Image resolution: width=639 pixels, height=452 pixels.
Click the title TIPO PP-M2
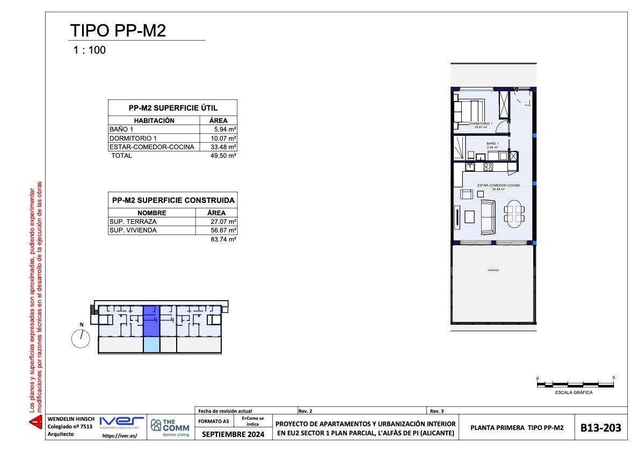[x=118, y=31]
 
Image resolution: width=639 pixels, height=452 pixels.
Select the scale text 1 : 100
[x=90, y=50]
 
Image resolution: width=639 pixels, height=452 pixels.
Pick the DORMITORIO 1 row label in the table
[x=129, y=138]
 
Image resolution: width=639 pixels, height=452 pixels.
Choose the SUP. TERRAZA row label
[x=133, y=222]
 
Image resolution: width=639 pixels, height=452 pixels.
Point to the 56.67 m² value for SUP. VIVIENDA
[x=223, y=230]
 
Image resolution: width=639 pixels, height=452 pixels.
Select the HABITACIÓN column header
[x=154, y=121]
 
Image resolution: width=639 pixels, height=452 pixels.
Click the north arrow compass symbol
[x=81, y=339]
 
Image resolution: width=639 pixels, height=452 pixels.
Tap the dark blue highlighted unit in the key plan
[x=151, y=320]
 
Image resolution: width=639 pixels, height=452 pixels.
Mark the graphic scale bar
[x=575, y=384]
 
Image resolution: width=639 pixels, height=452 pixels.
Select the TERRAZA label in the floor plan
[x=493, y=270]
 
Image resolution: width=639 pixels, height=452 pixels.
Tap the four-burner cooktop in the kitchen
[x=488, y=167]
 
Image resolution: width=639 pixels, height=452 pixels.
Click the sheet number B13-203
[x=601, y=428]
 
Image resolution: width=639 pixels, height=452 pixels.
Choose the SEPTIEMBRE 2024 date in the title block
[x=233, y=434]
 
